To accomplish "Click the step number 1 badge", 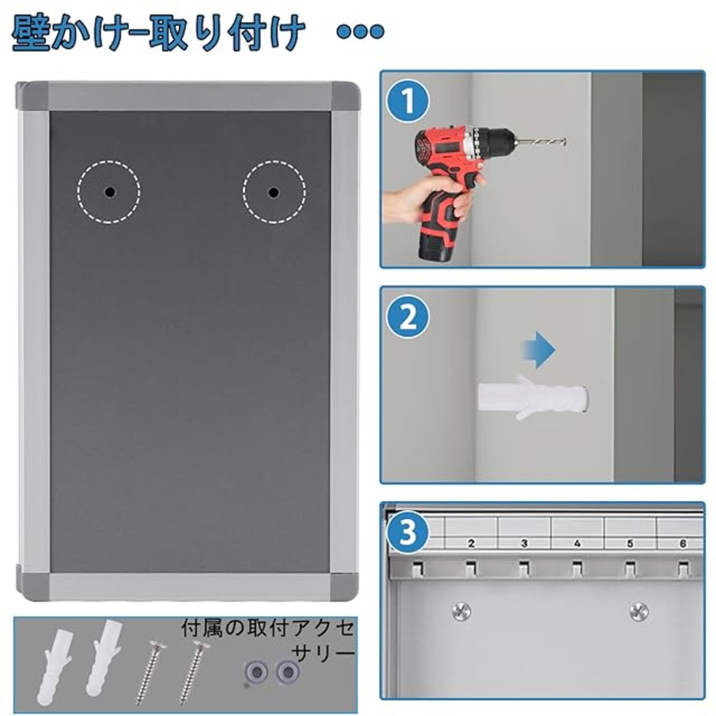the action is pos(408,101).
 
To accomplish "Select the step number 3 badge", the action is pos(408,532).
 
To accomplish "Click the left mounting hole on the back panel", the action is pos(110,192).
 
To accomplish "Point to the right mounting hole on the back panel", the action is pos(274,192).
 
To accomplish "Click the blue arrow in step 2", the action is pos(539,350).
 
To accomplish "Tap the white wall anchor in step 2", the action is pos(533,397).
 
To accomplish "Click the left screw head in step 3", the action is pos(461,611).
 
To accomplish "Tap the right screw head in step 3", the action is pos(639,611).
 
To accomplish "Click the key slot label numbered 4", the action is pos(577,543).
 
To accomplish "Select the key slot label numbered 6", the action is pos(683,543).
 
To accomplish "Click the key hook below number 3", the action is pos(524,568).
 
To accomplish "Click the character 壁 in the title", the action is pos(31,32).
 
